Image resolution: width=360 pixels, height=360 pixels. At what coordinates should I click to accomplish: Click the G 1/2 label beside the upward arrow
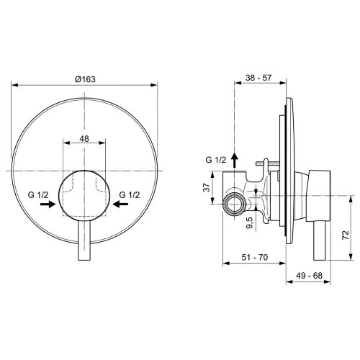[x=215, y=161]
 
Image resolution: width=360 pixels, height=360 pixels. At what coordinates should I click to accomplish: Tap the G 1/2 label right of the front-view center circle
[x=129, y=194]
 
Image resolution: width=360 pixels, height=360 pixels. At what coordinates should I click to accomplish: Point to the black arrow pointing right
[x=48, y=204]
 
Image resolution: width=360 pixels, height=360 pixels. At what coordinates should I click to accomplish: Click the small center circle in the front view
[x=85, y=194]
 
